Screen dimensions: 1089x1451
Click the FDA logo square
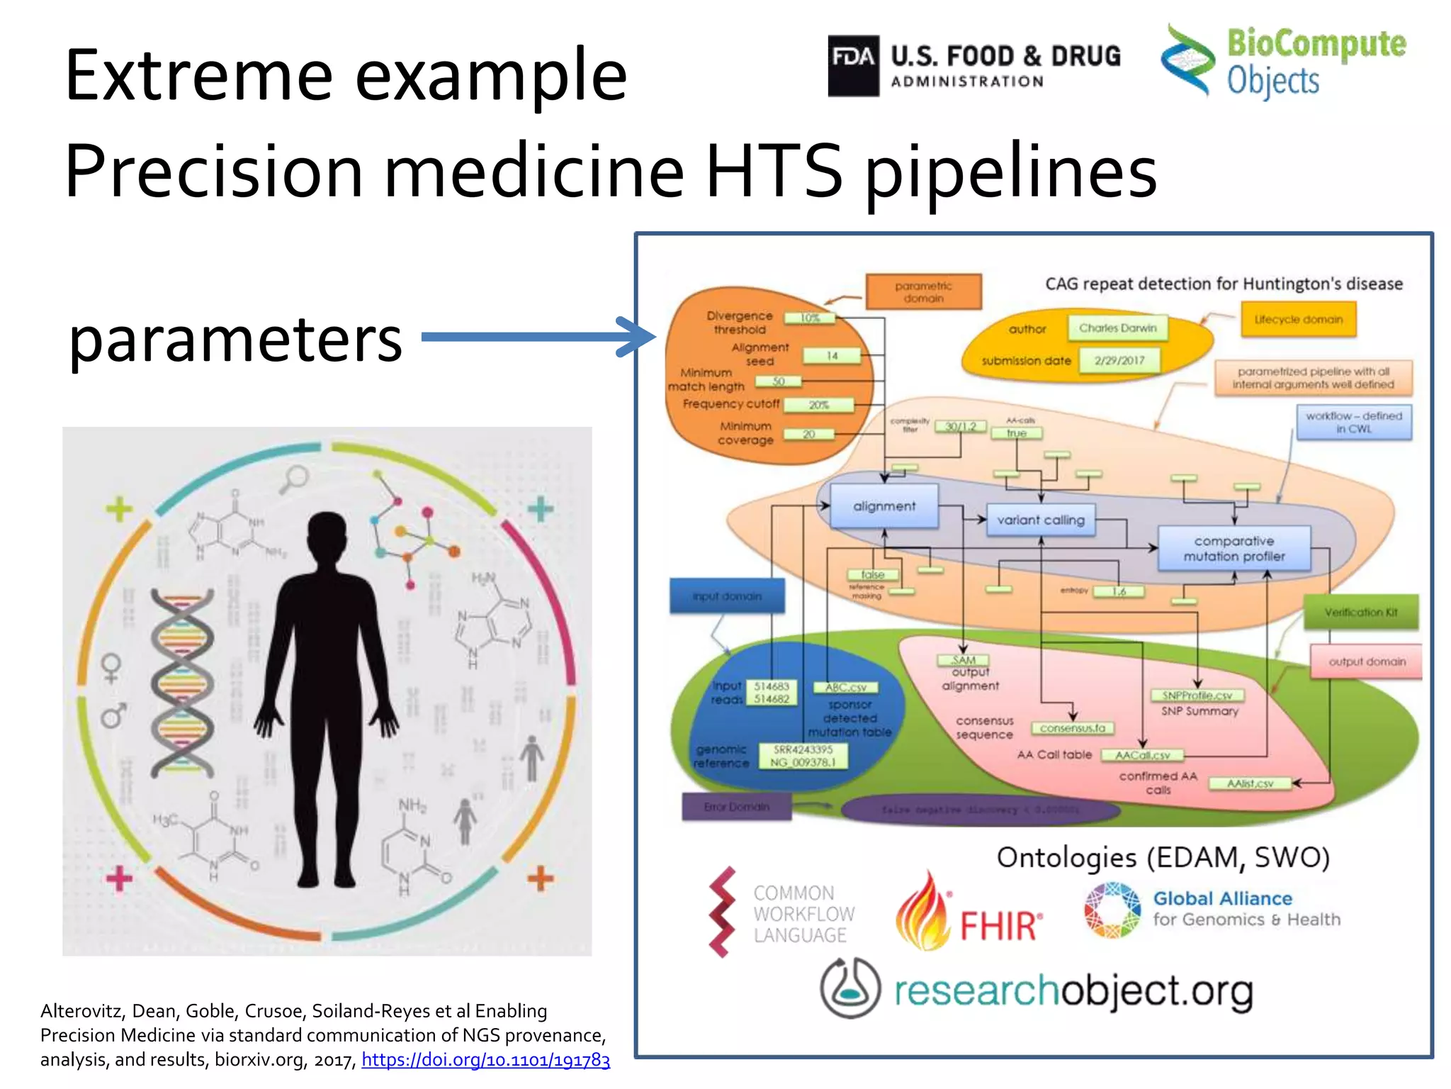click(853, 65)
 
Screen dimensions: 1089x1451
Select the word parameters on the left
click(235, 340)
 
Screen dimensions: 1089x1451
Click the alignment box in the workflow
click(883, 506)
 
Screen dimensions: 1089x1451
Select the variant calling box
click(1040, 520)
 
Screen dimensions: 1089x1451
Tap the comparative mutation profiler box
click(1233, 549)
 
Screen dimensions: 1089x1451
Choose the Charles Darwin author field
click(1117, 328)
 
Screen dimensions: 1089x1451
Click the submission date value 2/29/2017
click(1119, 360)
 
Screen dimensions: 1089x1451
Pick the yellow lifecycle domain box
click(1298, 319)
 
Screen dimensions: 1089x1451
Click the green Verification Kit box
click(1360, 612)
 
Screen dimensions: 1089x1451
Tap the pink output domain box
click(1366, 661)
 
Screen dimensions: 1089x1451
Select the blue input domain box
click(727, 596)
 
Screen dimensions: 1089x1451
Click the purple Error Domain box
click(736, 807)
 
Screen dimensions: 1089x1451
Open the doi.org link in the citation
click(485, 1059)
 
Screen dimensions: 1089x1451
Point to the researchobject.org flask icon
click(849, 988)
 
